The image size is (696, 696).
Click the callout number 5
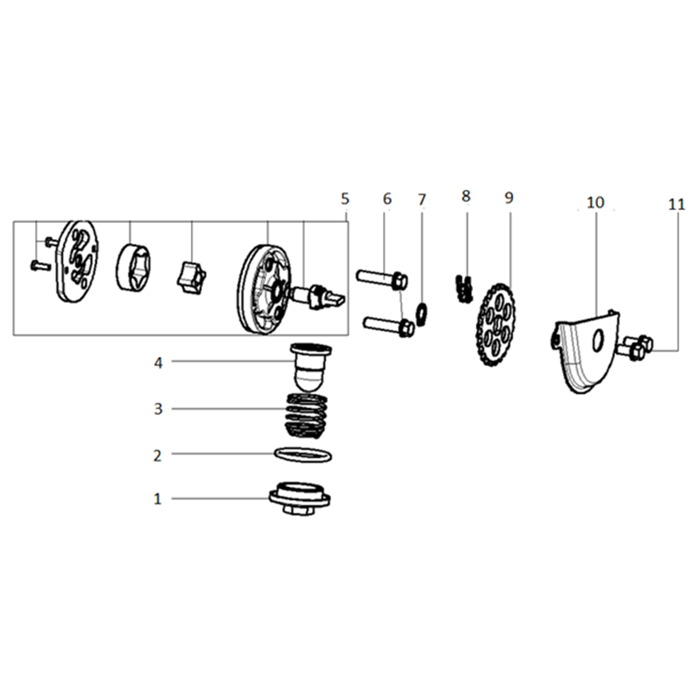(345, 198)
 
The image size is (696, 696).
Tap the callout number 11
(677, 204)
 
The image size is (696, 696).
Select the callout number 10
(595, 202)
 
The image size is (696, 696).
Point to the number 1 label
(158, 499)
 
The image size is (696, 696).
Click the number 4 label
(158, 363)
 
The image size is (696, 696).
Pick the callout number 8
(466, 196)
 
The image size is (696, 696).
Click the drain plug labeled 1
(300, 499)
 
